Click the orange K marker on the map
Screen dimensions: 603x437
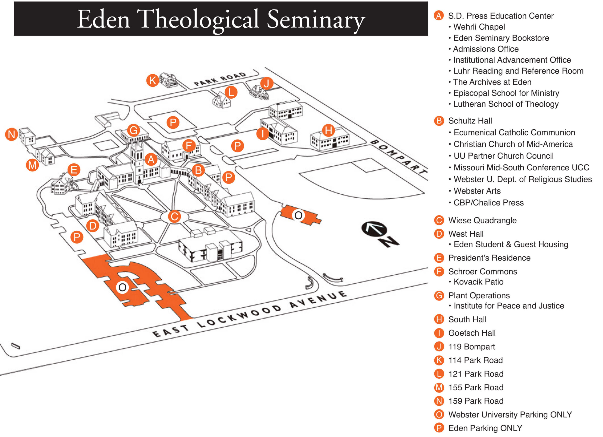point(153,80)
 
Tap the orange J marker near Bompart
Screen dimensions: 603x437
point(266,83)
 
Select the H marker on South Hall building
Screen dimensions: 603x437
point(328,130)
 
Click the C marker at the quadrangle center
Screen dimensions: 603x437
point(174,216)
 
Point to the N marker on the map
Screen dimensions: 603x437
point(12,134)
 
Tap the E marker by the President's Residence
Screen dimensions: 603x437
point(74,170)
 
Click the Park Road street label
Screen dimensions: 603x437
point(220,79)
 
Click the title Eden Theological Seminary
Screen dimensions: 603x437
point(221,19)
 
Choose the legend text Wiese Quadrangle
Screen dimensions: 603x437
point(482,220)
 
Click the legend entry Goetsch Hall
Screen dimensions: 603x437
point(472,333)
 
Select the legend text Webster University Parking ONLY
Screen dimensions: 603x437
point(510,414)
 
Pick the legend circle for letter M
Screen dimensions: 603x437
point(439,387)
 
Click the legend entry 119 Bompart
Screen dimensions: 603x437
point(472,346)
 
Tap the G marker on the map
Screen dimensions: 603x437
point(134,130)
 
